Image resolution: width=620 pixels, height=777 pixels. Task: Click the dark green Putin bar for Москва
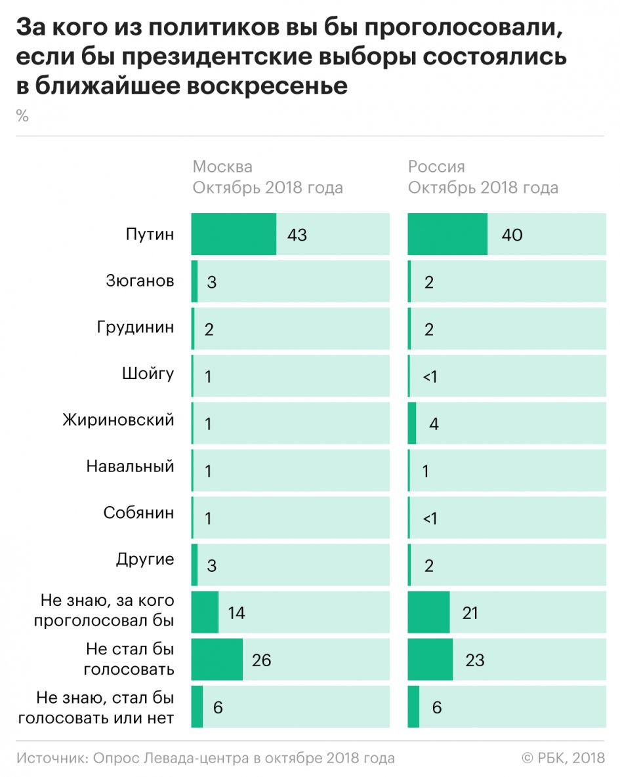pyautogui.click(x=234, y=234)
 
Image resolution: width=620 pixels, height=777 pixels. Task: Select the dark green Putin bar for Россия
pyautogui.click(x=447, y=234)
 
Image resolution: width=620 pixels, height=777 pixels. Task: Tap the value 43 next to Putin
pyautogui.click(x=297, y=235)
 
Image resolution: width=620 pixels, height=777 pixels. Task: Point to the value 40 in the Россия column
pyautogui.click(x=512, y=235)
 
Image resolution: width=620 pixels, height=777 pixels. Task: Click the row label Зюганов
pyautogui.click(x=140, y=281)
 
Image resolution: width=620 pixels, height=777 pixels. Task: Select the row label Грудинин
pyautogui.click(x=136, y=327)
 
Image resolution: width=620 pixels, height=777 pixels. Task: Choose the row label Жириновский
pyautogui.click(x=119, y=420)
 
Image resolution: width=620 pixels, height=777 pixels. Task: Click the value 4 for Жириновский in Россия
pyautogui.click(x=434, y=424)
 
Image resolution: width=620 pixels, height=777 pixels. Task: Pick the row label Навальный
pyautogui.click(x=130, y=467)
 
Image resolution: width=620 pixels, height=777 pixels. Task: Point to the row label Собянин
pyautogui.click(x=139, y=513)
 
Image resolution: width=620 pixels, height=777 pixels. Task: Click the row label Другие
pyautogui.click(x=145, y=559)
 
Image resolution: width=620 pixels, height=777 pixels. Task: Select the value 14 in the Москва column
pyautogui.click(x=236, y=612)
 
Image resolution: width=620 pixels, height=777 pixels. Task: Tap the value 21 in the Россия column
pyautogui.click(x=470, y=612)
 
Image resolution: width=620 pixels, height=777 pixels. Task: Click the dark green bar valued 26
pyautogui.click(x=217, y=660)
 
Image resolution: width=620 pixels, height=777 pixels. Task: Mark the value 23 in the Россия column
pyautogui.click(x=474, y=660)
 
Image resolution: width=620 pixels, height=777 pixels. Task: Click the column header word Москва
pyautogui.click(x=222, y=167)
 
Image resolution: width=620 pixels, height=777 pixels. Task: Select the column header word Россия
pyautogui.click(x=436, y=167)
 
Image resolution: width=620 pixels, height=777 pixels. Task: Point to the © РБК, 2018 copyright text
pyautogui.click(x=562, y=758)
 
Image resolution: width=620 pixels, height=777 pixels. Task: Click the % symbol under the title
pyautogui.click(x=22, y=117)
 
